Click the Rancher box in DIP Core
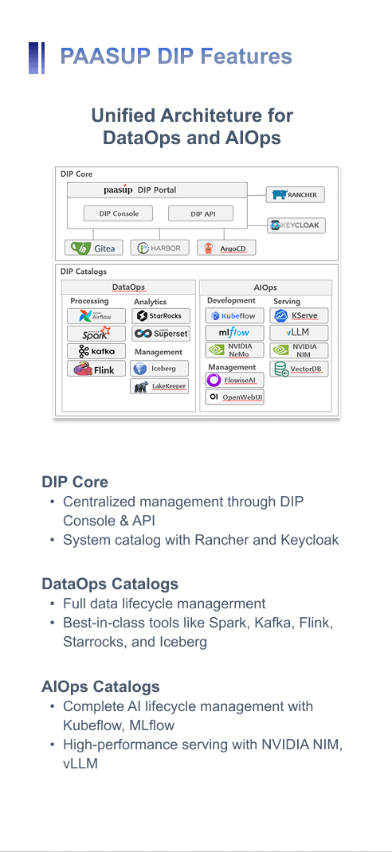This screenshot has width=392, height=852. [x=296, y=194]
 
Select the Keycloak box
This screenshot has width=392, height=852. [x=296, y=225]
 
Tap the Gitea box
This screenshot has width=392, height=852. [x=93, y=248]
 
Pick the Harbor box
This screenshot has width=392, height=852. [x=159, y=248]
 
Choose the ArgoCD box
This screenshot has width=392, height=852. [x=226, y=248]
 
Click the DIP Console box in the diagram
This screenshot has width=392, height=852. [x=119, y=213]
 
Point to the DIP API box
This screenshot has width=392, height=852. [x=201, y=213]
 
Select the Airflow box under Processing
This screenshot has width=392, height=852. [x=96, y=315]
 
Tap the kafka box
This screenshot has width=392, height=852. [x=96, y=350]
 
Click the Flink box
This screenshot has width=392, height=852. [x=96, y=369]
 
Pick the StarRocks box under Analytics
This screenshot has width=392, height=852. [x=160, y=315]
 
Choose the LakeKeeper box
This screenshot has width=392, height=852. [x=159, y=386]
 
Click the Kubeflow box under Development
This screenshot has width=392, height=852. [x=234, y=315]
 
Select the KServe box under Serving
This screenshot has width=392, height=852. [x=299, y=315]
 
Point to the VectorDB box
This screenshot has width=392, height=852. [x=299, y=369]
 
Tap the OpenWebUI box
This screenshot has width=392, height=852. [x=234, y=397]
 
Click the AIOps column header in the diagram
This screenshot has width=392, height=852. [x=266, y=287]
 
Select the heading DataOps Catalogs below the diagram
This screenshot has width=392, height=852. [x=110, y=584]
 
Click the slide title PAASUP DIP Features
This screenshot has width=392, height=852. [x=176, y=57]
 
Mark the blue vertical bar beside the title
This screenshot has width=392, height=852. [x=37, y=57]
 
